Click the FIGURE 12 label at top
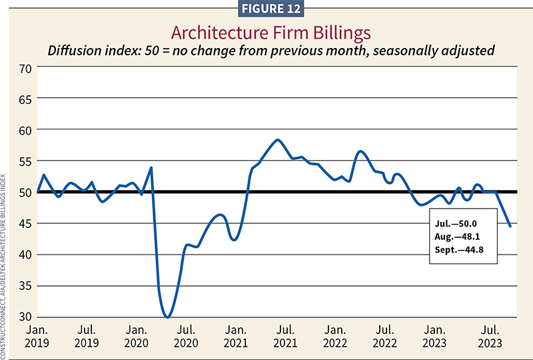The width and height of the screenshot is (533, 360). pyautogui.click(x=266, y=8)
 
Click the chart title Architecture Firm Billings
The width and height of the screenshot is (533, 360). pyautogui.click(x=266, y=32)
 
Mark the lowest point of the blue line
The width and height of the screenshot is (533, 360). pyautogui.click(x=168, y=317)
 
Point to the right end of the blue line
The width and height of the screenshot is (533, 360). pyautogui.click(x=510, y=226)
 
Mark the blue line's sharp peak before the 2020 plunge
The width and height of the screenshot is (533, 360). pyautogui.click(x=151, y=167)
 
